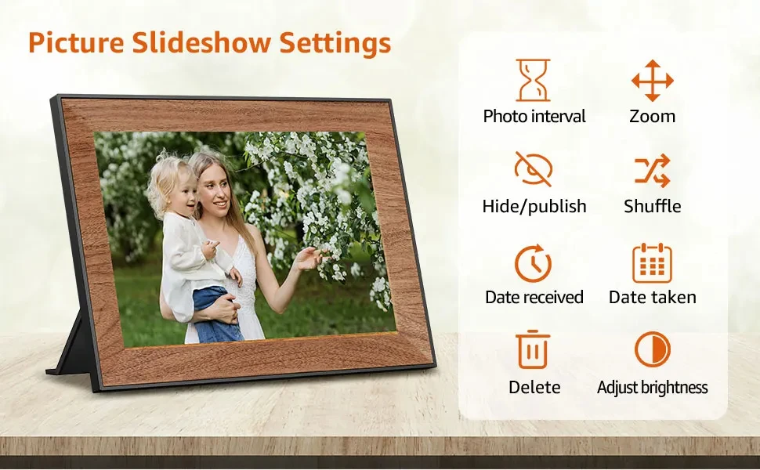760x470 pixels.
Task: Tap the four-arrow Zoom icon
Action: click(x=652, y=80)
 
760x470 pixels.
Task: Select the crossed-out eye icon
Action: click(x=534, y=169)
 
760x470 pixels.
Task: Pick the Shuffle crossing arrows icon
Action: click(x=652, y=170)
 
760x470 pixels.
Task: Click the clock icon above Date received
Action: click(x=534, y=262)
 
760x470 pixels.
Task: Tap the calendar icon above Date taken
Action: click(x=652, y=262)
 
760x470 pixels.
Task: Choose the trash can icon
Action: click(x=534, y=350)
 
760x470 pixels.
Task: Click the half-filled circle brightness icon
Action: click(x=652, y=349)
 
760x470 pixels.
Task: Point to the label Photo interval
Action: click(x=534, y=117)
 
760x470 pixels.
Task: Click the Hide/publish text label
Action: click(x=534, y=207)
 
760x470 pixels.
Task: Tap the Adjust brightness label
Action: click(x=652, y=388)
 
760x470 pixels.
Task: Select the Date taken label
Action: click(x=652, y=298)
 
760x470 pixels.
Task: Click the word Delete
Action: click(x=534, y=388)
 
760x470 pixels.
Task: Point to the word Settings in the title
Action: click(x=336, y=44)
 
